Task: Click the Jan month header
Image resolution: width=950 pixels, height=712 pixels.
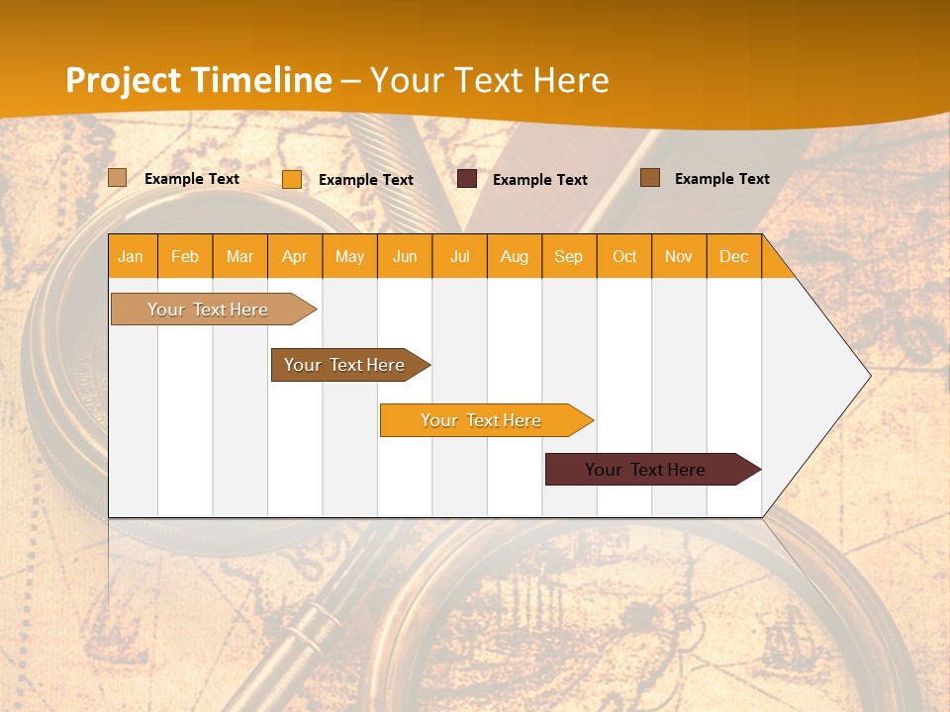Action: (x=132, y=256)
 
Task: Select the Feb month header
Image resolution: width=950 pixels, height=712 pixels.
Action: (x=185, y=256)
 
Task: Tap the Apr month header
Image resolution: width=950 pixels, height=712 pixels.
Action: (x=295, y=256)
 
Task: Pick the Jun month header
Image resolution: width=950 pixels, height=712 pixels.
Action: (x=405, y=256)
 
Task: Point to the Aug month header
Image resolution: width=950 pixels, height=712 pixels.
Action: (x=515, y=256)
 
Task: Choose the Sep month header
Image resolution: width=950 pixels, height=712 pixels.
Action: (x=569, y=256)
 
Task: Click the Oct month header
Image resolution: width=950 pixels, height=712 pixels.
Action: (x=624, y=256)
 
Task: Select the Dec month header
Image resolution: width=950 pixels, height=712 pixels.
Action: (x=734, y=256)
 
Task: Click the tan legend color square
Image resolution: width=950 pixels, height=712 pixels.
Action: (x=118, y=178)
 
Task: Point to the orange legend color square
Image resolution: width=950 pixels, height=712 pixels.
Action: (x=292, y=179)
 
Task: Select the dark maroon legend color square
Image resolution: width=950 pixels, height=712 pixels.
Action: (x=467, y=178)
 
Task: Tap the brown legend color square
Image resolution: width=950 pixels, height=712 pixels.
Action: (x=650, y=177)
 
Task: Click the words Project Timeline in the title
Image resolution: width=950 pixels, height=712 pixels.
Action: (x=199, y=80)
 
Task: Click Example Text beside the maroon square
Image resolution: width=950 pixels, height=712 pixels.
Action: (x=540, y=179)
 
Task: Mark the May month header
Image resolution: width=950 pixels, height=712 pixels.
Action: (x=349, y=256)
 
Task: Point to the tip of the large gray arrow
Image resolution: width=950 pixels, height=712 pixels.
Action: (x=868, y=376)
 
